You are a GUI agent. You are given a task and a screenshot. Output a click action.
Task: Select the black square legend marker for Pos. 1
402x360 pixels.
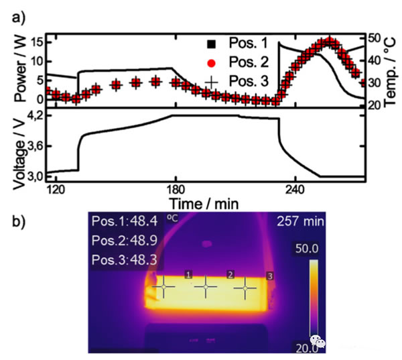(x=212, y=44)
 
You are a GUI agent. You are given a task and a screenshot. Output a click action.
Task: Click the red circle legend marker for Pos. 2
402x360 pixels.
(x=212, y=64)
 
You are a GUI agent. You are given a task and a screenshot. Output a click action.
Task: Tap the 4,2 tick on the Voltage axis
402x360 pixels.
(x=38, y=115)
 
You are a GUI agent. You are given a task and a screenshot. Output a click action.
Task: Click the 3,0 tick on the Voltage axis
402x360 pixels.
(x=38, y=176)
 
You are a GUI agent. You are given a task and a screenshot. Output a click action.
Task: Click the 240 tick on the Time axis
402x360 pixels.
(x=296, y=189)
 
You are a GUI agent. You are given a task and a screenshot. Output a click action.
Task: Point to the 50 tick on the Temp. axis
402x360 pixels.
(x=375, y=38)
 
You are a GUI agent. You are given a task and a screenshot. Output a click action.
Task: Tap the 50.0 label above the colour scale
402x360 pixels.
(x=313, y=249)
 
